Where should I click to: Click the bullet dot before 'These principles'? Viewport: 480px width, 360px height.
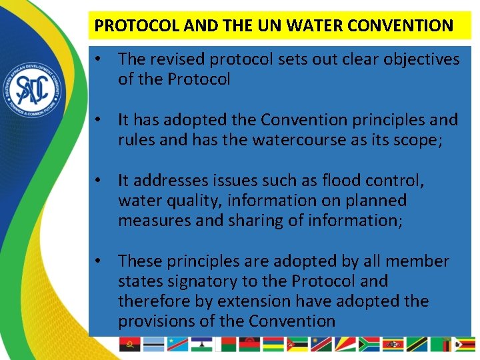(x=98, y=261)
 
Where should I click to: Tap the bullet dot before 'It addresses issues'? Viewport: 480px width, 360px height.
(x=98, y=180)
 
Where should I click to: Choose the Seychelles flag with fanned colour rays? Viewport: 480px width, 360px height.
(x=344, y=345)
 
